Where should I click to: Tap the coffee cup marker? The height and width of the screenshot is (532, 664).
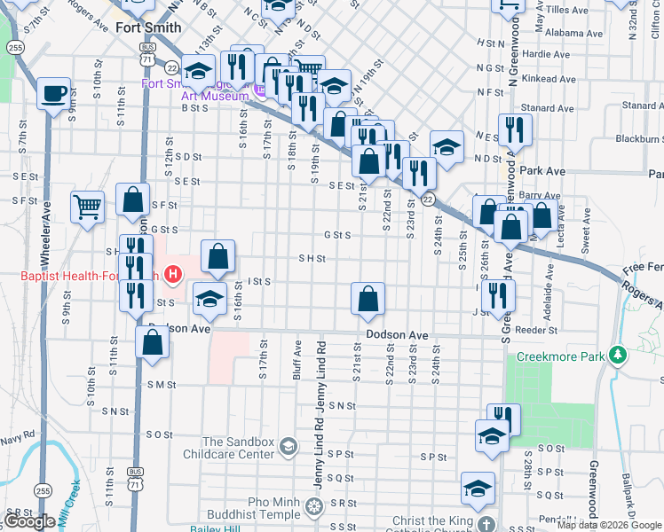pos(53,94)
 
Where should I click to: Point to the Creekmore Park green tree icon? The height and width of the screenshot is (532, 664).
pos(619,356)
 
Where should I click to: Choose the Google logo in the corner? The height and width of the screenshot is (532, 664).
pos(29,521)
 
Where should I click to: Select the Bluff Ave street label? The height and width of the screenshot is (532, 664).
pos(297,360)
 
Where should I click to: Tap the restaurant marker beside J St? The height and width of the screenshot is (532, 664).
pos(498,294)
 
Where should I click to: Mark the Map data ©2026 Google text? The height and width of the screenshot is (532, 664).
pos(610,525)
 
